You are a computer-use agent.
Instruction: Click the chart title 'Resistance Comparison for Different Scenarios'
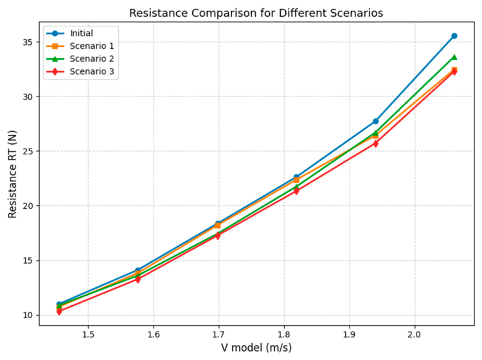pos(256,14)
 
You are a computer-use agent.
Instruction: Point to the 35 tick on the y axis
pos(28,42)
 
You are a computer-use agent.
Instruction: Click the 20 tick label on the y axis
pos(28,206)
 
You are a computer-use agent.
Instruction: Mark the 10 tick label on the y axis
pos(28,315)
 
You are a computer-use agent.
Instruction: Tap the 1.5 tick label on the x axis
pos(88,334)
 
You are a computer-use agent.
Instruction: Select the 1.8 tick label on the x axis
pos(284,334)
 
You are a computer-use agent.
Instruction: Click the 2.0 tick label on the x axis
pos(415,334)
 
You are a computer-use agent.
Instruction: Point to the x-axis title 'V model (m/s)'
pos(256,348)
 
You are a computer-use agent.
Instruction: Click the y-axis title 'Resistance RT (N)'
pos(12,174)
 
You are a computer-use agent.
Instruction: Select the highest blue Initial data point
pos(454,36)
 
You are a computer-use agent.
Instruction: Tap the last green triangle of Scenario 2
pos(454,57)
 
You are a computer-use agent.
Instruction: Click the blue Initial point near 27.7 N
pos(376,122)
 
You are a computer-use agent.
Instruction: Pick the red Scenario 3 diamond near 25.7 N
pos(376,143)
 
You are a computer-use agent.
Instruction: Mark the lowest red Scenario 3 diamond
pos(59,311)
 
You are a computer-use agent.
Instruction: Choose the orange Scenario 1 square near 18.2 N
pos(218,226)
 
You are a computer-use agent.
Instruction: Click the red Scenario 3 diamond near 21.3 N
pos(296,191)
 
